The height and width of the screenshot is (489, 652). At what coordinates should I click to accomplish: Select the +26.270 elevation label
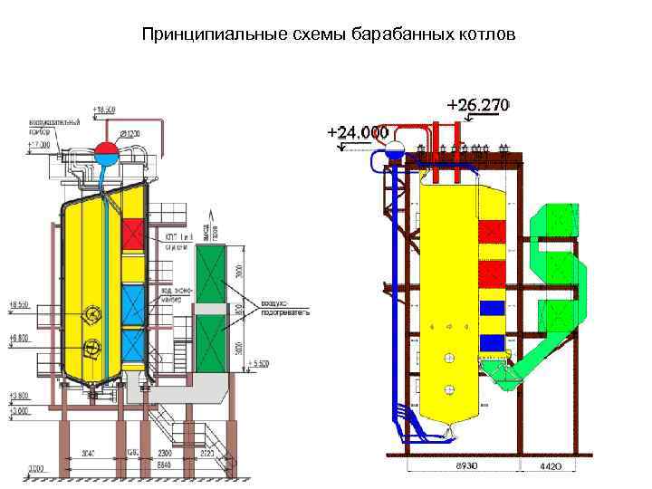478,105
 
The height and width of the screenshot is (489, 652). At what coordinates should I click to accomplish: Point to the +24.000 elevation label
358,132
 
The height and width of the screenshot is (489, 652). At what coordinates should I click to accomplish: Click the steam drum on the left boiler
106,149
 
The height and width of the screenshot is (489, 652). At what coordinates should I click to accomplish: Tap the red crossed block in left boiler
133,233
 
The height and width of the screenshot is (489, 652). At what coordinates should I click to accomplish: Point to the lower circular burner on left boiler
91,347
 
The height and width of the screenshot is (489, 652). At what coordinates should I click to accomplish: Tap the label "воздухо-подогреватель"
286,307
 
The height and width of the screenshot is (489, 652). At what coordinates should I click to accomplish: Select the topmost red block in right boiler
492,233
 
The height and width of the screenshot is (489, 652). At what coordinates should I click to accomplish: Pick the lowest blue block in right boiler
492,343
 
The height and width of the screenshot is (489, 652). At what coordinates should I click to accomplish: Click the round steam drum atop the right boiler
395,150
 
